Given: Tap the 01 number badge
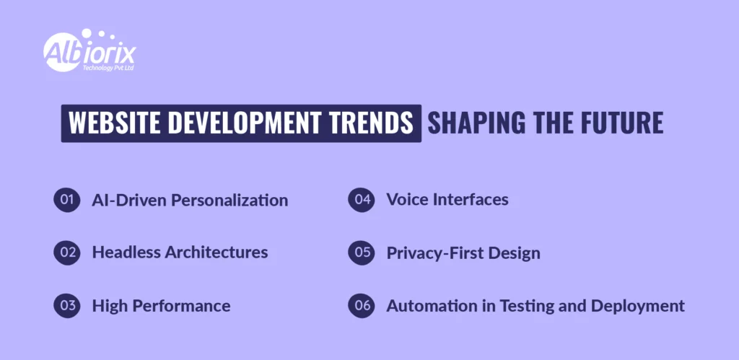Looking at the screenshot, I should pyautogui.click(x=66, y=200).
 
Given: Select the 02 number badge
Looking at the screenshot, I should pyautogui.click(x=66, y=253).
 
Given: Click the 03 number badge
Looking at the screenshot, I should pyautogui.click(x=66, y=305).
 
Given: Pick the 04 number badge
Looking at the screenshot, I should pyautogui.click(x=361, y=200).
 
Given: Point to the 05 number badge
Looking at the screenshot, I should pyautogui.click(x=361, y=253).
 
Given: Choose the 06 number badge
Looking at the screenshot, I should pyautogui.click(x=361, y=305).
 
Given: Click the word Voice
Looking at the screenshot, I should pyautogui.click(x=407, y=200).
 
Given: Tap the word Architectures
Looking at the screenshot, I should pyautogui.click(x=217, y=253).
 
